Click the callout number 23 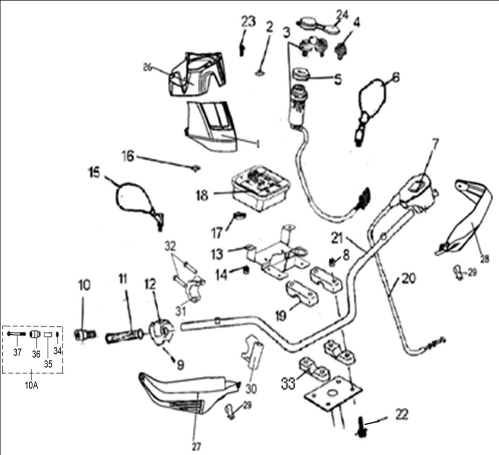pos(248,21)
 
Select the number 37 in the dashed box pos(17,353)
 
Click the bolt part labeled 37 pos(16,334)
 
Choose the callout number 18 pos(202,195)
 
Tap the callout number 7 pos(435,144)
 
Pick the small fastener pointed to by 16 pos(196,168)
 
